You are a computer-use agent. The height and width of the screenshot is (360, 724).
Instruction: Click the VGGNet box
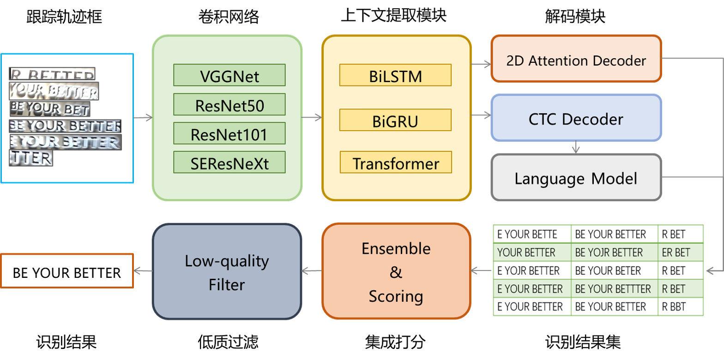(x=229, y=75)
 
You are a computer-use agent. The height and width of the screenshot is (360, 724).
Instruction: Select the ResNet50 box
(x=229, y=105)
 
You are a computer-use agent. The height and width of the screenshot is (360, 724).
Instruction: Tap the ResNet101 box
(x=229, y=134)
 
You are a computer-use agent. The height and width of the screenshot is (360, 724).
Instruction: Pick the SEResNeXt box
(x=229, y=163)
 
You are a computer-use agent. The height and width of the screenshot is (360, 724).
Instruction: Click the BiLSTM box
(x=395, y=75)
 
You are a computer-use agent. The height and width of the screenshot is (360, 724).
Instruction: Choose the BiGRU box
(x=395, y=120)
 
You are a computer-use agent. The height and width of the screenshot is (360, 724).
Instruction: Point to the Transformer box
(x=395, y=163)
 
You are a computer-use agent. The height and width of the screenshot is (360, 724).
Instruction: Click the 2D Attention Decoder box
(x=576, y=60)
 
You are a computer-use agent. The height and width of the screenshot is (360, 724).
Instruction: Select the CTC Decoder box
(x=576, y=118)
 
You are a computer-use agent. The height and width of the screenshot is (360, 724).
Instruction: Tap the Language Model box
(x=576, y=178)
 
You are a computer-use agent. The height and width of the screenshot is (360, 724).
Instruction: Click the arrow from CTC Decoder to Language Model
(x=576, y=147)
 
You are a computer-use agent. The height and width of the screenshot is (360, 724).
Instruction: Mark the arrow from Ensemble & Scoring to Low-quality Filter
(x=312, y=271)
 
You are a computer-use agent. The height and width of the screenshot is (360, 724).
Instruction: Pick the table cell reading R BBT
(x=680, y=307)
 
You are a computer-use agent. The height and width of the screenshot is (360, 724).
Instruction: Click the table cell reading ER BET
(x=680, y=252)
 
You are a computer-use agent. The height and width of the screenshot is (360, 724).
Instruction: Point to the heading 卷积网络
(x=229, y=17)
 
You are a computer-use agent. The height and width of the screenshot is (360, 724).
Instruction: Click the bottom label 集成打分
(x=395, y=342)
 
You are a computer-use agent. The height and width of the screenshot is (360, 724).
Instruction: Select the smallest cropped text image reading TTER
(x=31, y=158)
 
